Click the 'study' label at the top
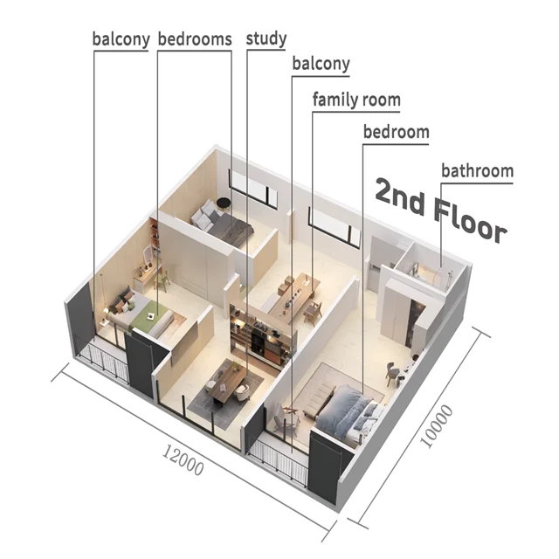266,39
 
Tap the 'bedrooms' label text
194,39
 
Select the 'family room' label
356,100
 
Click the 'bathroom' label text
477,170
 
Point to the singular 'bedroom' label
396,133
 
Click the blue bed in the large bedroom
346,411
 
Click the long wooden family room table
289,296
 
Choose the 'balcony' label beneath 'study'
321,64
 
